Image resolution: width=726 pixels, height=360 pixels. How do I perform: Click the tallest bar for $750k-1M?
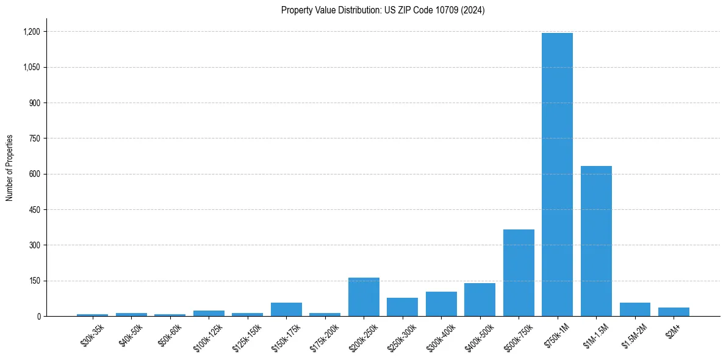557,175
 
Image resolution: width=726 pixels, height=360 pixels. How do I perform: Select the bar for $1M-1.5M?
596,241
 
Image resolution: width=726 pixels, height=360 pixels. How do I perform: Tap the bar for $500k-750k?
519,273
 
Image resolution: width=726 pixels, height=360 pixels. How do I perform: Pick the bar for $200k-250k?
364,297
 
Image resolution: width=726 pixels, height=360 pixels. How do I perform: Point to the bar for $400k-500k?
480,300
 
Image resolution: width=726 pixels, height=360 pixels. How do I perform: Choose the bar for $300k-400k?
441,304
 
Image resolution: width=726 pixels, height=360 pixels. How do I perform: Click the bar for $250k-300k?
402,307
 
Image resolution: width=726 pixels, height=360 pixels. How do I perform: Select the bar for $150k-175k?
286,309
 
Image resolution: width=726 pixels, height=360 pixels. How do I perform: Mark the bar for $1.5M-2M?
634,309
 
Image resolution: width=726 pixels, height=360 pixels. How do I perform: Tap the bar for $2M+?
674,312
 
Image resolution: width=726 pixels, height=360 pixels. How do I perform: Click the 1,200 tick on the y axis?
32,32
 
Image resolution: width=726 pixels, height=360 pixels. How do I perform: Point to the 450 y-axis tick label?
35,210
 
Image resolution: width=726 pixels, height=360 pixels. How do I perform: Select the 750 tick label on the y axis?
35,139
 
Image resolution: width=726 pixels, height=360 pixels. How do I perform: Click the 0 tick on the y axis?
38,317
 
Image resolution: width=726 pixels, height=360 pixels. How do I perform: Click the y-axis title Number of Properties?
10,168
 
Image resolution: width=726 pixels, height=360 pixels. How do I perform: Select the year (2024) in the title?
473,10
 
